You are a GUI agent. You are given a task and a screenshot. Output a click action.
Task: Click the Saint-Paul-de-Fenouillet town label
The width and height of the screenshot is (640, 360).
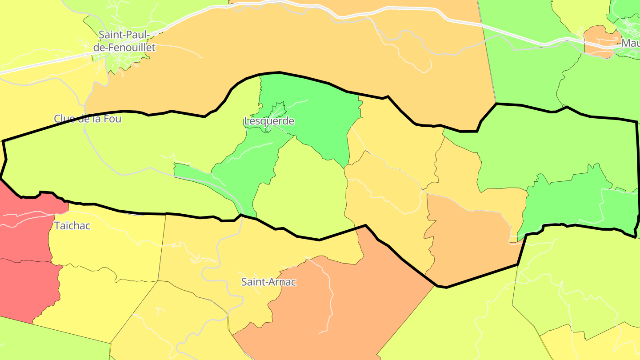pos(127,41)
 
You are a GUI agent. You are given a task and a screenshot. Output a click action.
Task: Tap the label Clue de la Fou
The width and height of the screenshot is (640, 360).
pos(88,119)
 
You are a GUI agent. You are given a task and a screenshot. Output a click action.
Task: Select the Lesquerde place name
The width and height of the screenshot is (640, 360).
pos(269,121)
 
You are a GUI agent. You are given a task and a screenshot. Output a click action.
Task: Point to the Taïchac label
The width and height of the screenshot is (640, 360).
pos(72,226)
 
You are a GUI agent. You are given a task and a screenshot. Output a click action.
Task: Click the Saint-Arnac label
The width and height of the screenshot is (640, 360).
pos(268,282)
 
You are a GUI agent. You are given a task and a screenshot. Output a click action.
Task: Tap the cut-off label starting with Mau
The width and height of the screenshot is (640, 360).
pos(630,43)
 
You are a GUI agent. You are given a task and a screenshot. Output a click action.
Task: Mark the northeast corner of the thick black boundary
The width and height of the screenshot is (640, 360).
pos(636,121)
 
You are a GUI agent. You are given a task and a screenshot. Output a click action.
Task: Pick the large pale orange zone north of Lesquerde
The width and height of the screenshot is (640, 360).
pos(311,44)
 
